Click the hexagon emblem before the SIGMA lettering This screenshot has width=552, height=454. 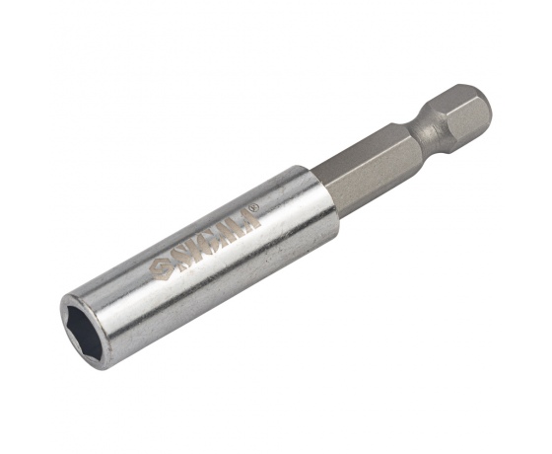click(x=160, y=268)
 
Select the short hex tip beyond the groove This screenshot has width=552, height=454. click(x=465, y=113)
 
